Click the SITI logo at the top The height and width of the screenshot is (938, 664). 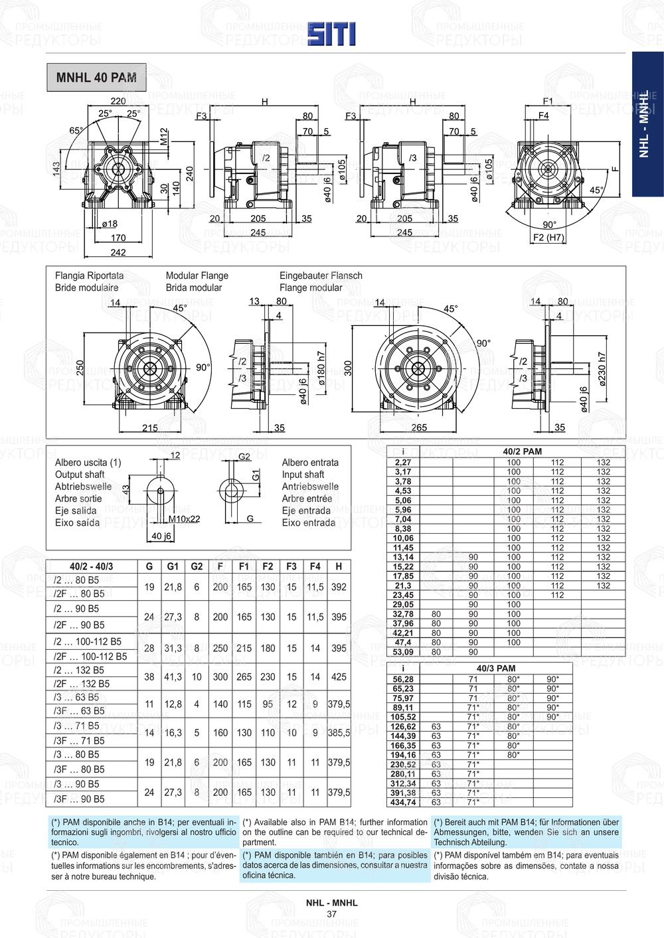click(x=331, y=34)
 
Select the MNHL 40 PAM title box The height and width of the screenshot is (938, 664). click(x=96, y=78)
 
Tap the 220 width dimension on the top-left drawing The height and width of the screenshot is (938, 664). click(x=118, y=102)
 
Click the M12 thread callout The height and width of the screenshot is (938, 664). click(x=164, y=137)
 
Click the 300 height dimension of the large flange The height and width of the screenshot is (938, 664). click(x=348, y=368)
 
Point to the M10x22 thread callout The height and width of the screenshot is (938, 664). click(x=184, y=518)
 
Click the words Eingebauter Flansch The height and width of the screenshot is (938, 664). click(x=321, y=275)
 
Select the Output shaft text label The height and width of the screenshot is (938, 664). click(x=80, y=475)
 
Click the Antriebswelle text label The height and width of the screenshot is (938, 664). click(x=309, y=487)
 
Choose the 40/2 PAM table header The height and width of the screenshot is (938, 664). click(x=522, y=451)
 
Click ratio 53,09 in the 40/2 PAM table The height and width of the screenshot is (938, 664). click(x=403, y=652)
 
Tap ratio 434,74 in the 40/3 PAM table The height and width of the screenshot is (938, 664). click(x=403, y=802)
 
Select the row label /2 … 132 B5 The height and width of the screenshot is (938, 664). click(x=78, y=670)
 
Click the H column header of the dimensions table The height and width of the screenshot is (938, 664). click(x=339, y=566)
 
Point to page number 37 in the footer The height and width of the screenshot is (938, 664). click(x=332, y=914)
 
